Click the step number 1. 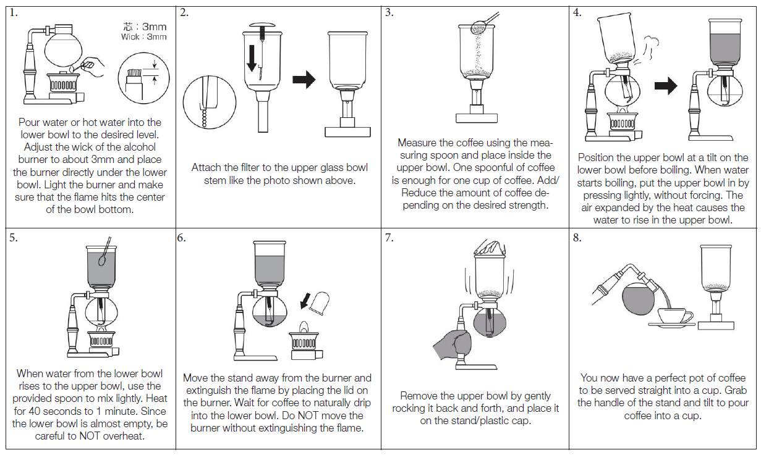(x=14, y=13)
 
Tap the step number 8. (x=577, y=238)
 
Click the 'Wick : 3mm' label (x=144, y=37)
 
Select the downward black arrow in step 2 (x=252, y=58)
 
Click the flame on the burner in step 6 (x=304, y=326)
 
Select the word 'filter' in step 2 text (x=246, y=167)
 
